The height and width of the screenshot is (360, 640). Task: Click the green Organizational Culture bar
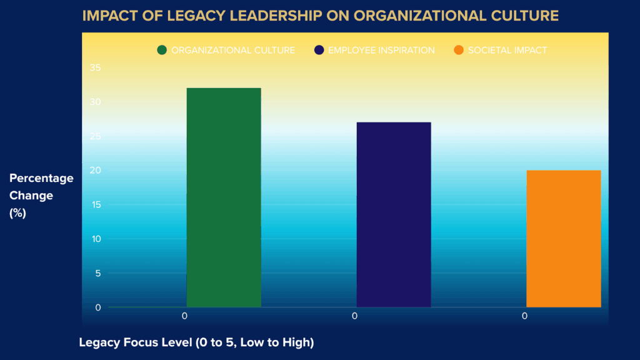(224, 197)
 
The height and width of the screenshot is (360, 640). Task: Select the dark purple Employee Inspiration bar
(394, 214)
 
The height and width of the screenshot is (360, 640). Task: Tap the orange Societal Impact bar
(564, 238)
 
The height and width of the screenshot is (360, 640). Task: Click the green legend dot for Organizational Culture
(162, 50)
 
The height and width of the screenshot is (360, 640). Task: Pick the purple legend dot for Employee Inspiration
(319, 50)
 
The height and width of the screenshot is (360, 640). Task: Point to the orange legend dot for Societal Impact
(459, 50)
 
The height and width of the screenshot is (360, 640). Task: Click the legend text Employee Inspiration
(381, 50)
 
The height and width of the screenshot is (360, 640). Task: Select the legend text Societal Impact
(507, 50)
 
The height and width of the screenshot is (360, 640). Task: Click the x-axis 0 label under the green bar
(184, 316)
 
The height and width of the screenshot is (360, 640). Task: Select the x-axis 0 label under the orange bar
(524, 316)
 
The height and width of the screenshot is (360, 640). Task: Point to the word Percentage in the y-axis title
(41, 178)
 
